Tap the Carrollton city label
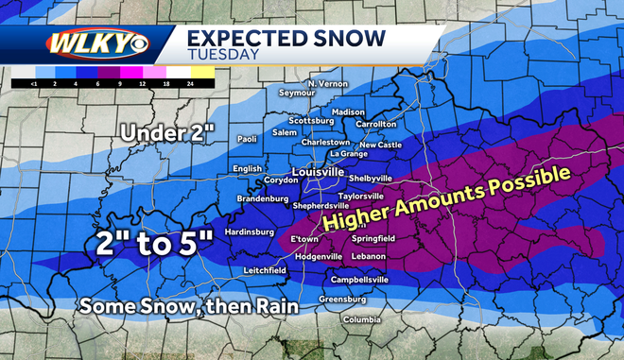pos(376,124)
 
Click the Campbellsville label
pos(359,281)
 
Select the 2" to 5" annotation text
pos(152,243)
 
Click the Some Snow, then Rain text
pos(189,306)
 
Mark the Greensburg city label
pos(342,300)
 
